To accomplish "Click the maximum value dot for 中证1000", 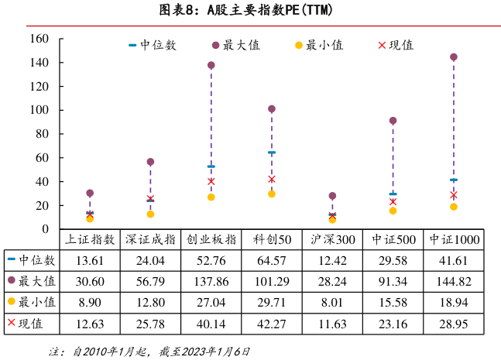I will [x=454, y=57].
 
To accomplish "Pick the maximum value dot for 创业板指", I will [x=211, y=66].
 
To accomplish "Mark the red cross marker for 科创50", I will [x=272, y=179].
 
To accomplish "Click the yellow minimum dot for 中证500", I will [x=393, y=211].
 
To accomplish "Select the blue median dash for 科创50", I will [x=272, y=153].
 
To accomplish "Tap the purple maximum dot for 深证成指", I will [x=150, y=162].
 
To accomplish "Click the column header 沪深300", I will [x=332, y=240].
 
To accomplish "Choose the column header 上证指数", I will [x=90, y=240].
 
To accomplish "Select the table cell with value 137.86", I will [x=211, y=281].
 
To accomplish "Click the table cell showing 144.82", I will [x=454, y=281].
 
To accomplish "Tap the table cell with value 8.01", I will [x=332, y=302].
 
